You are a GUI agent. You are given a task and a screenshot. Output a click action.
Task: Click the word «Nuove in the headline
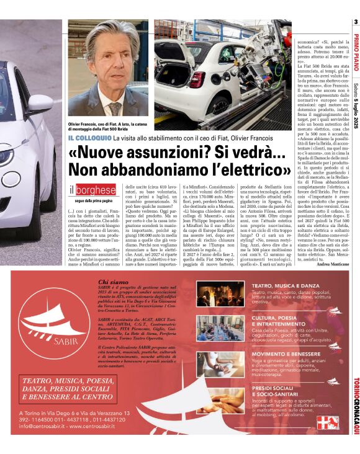click(100, 153)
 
